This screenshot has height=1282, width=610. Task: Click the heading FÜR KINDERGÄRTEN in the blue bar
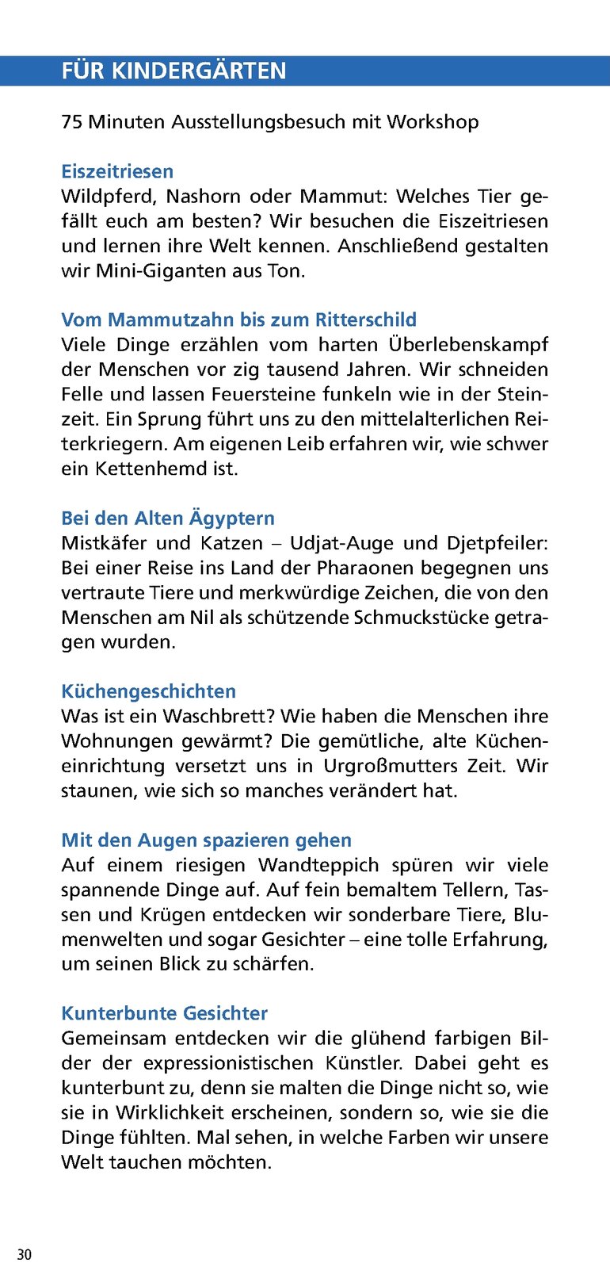click(x=173, y=71)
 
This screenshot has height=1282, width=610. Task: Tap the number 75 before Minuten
click(x=71, y=122)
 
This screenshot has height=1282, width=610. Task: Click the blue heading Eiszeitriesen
click(x=117, y=171)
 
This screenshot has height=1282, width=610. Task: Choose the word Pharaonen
click(x=365, y=568)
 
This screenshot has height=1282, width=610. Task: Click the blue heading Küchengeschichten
click(x=148, y=691)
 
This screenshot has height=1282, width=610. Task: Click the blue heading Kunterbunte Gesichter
click(x=164, y=1013)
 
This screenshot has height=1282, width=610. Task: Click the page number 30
click(x=25, y=1254)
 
